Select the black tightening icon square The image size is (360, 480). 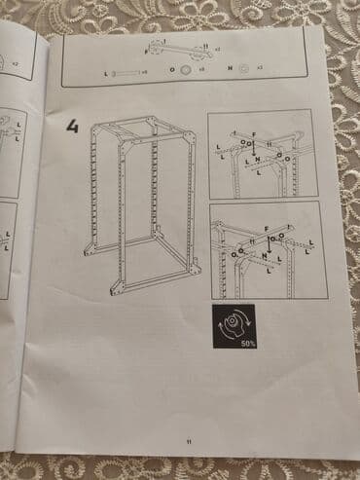click(234, 323)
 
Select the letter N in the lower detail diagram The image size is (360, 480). click(264, 255)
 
